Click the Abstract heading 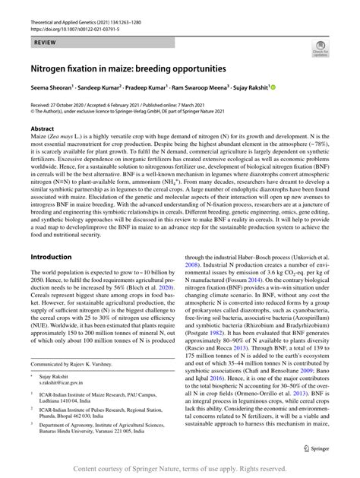[x=43, y=129]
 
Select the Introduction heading [x=51, y=258]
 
